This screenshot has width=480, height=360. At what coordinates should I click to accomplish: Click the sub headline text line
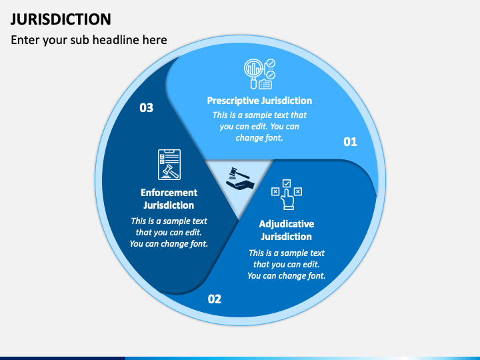(x=89, y=40)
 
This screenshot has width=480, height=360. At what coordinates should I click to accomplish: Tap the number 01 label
(x=350, y=141)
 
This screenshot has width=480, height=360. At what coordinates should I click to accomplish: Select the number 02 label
(x=214, y=299)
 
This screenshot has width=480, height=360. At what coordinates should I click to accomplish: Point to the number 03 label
(x=146, y=107)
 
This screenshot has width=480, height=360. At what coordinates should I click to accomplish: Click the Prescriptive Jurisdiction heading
(x=259, y=101)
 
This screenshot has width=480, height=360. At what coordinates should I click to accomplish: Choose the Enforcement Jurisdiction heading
(x=169, y=199)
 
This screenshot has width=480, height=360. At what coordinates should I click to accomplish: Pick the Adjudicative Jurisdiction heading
(x=286, y=230)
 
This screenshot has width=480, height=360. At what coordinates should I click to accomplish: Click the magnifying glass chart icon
(x=259, y=74)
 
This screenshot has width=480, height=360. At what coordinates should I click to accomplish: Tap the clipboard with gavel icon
(x=169, y=165)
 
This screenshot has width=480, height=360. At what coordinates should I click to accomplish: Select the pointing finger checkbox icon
(x=286, y=195)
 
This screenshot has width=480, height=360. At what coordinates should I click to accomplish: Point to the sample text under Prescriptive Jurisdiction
(x=259, y=126)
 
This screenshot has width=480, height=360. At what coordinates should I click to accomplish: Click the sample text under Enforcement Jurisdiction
(x=169, y=232)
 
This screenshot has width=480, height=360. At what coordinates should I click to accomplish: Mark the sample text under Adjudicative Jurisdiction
(x=286, y=264)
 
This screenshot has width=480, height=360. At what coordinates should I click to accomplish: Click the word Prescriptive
(x=232, y=101)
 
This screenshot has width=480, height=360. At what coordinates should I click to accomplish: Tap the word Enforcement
(x=169, y=193)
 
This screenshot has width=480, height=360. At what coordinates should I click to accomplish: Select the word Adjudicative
(x=286, y=224)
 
